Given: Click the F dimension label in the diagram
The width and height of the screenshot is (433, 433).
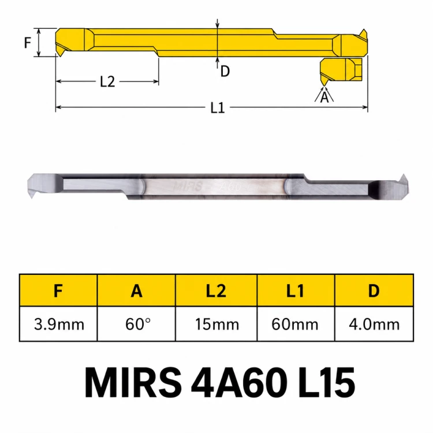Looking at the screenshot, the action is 27,43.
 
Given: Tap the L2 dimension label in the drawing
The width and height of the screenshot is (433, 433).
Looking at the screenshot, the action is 107,82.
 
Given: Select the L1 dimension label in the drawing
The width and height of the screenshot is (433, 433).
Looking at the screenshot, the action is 218,108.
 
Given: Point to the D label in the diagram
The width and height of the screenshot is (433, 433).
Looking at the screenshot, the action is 225,71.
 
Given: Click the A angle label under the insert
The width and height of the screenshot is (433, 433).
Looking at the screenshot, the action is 324,97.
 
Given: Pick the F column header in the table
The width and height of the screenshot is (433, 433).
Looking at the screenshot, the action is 58,290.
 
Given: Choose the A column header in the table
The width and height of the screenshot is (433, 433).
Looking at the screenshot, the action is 136,290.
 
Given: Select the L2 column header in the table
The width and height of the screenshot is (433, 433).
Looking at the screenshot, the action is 216,290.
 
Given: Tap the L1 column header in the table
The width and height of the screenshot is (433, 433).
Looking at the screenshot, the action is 296,290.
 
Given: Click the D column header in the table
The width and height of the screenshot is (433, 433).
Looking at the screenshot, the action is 374,290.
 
